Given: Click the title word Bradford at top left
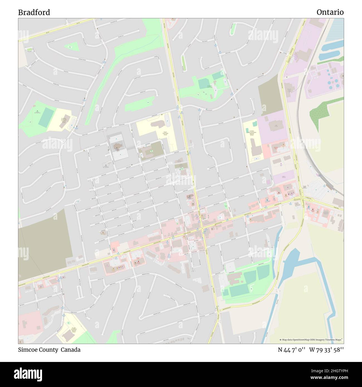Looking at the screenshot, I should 34,12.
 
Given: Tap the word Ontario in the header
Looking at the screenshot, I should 330,12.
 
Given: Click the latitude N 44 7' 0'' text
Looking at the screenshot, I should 292,350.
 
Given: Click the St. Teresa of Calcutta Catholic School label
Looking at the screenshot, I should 64,120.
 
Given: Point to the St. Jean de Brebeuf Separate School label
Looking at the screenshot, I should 73,330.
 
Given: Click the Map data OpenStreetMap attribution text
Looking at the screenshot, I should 311,340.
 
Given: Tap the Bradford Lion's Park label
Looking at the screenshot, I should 212,87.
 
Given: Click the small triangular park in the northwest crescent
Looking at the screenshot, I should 72,47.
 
